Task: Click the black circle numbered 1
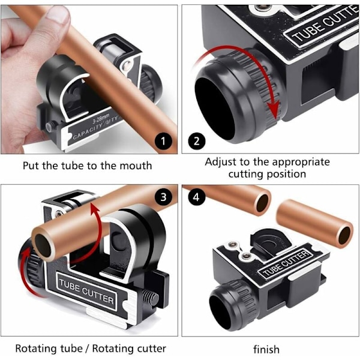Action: click(163, 141)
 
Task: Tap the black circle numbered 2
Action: click(197, 141)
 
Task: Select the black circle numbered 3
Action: click(163, 197)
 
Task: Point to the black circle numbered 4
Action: click(197, 197)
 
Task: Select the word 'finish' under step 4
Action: click(266, 349)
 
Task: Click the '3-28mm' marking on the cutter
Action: click(101, 119)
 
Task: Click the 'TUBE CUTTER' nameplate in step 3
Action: click(86, 291)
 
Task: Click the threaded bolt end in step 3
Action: click(151, 298)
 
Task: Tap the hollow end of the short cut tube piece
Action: click(345, 235)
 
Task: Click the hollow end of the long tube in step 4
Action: click(263, 203)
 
